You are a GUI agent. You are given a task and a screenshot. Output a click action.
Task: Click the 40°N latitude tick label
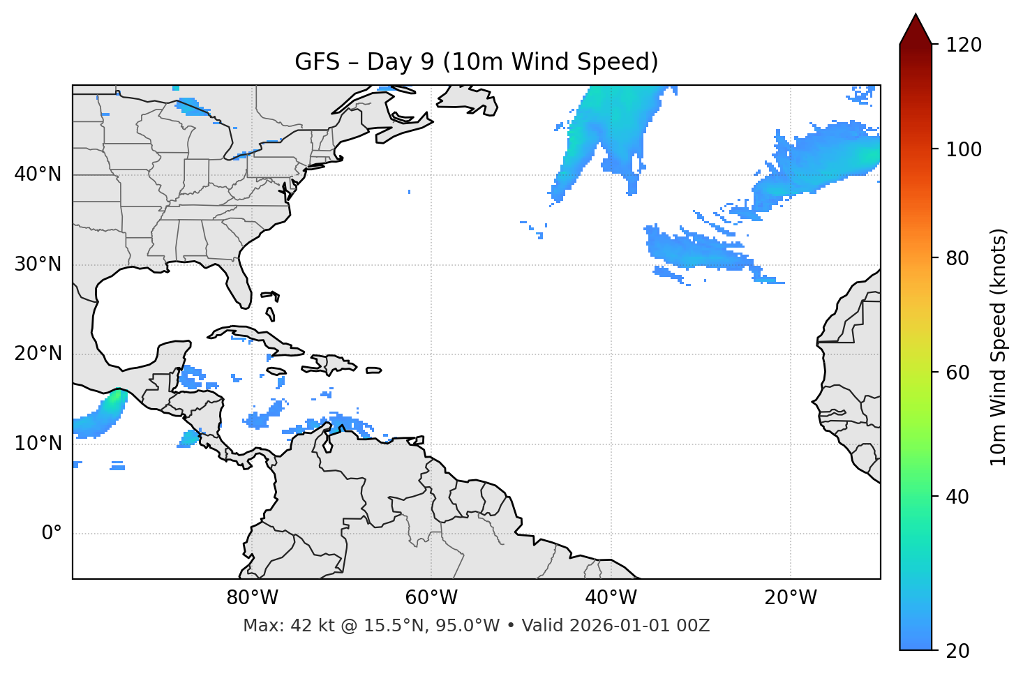click(x=38, y=174)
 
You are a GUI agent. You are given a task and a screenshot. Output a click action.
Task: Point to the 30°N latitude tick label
click(x=38, y=264)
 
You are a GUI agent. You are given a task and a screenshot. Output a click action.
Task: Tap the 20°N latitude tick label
click(x=38, y=354)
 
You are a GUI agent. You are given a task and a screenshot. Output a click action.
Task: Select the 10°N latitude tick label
click(x=38, y=444)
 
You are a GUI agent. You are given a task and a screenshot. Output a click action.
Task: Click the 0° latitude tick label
click(x=52, y=534)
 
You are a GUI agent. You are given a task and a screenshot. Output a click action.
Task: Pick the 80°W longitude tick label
click(x=252, y=598)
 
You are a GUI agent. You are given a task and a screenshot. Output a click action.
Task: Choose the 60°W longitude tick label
click(x=431, y=598)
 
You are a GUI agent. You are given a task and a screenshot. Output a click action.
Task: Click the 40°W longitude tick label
click(x=611, y=598)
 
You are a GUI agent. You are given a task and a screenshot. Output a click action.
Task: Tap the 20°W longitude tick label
click(x=791, y=598)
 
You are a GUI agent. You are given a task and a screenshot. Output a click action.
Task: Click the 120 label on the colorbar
click(x=964, y=45)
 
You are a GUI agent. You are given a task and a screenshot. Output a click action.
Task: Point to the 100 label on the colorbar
click(x=964, y=149)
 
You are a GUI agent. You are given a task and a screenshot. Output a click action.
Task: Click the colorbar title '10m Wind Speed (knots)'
click(x=999, y=347)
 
